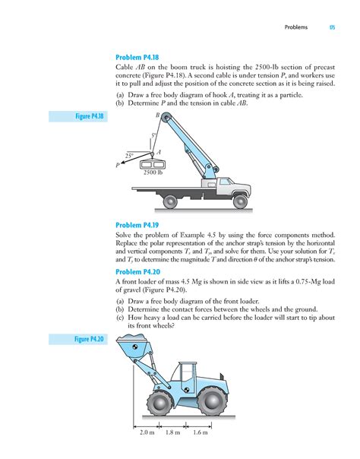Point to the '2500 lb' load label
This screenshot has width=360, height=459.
[153, 173]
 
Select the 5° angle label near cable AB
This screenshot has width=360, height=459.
[153, 135]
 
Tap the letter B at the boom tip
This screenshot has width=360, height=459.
[157, 115]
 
